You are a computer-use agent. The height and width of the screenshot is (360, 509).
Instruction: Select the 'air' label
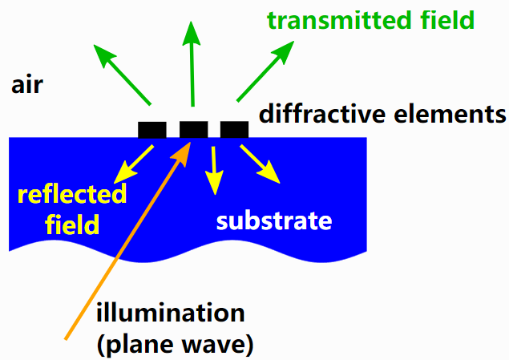27,85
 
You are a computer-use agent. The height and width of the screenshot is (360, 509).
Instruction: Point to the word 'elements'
450,115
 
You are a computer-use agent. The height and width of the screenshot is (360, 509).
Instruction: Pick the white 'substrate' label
274,221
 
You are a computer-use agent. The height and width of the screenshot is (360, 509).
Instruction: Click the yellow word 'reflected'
71,194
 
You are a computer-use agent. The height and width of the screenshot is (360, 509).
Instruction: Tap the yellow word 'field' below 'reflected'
71,224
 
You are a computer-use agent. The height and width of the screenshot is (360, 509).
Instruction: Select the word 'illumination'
171,313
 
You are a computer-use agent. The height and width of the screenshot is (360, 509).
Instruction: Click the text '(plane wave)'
175,345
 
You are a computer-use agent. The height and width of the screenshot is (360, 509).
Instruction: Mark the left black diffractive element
152,130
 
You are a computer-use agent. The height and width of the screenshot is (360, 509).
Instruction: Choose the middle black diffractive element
194,130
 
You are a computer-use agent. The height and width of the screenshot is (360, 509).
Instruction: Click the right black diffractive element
234,130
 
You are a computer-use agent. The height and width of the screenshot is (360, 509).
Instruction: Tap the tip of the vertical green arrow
192,22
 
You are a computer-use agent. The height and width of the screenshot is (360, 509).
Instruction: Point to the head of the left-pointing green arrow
94,45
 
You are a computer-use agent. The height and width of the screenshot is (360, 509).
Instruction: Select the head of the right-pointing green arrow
294,41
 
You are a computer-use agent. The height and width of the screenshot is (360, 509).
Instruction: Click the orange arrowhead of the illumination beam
191,142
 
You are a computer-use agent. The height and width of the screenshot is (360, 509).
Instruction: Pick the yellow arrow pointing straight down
214,171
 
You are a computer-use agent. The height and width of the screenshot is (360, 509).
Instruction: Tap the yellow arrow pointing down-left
134,164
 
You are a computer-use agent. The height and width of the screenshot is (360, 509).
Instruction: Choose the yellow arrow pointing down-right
260,164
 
